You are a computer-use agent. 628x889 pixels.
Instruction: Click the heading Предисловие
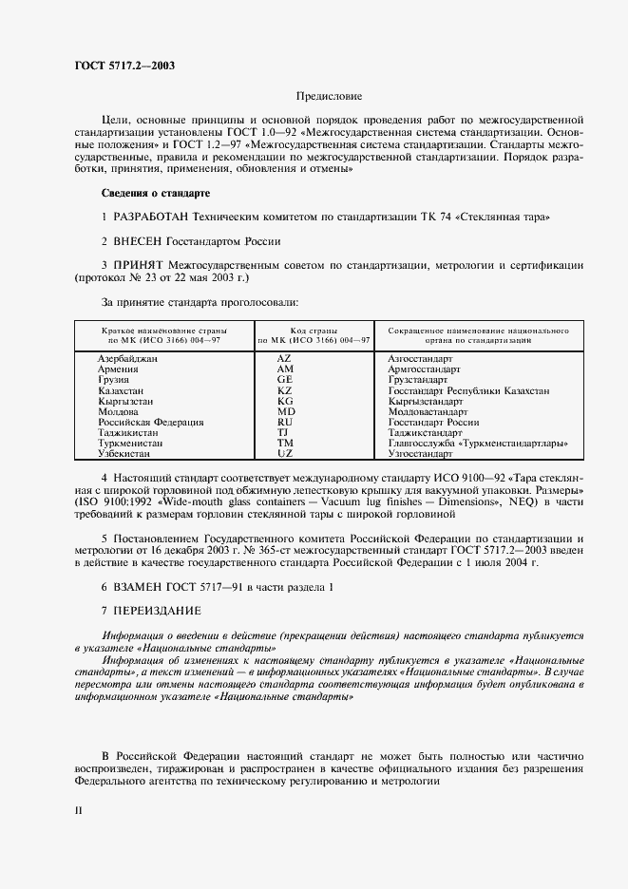tap(330, 96)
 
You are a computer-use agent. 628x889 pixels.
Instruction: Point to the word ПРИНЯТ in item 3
tap(139, 265)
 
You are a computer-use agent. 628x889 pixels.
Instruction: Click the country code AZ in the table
tap(284, 359)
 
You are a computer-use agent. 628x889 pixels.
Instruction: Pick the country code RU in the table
tap(284, 422)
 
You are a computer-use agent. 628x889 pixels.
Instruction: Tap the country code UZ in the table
tap(284, 453)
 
